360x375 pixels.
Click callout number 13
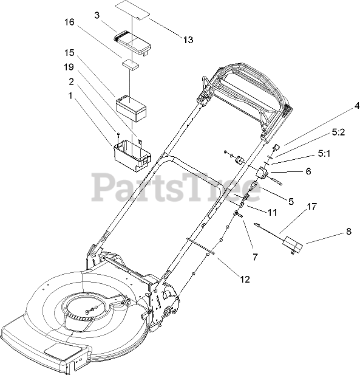pos(188,40)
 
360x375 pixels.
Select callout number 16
pos(69,22)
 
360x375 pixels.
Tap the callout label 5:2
pos(339,132)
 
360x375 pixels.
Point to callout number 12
pos(245,280)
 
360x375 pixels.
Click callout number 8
pos(348,232)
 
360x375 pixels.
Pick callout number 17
pos(312,207)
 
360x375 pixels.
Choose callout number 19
pos(69,67)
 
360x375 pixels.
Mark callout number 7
pos(255,257)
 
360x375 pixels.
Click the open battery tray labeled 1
pos(132,156)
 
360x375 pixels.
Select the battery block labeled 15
pos(131,109)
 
